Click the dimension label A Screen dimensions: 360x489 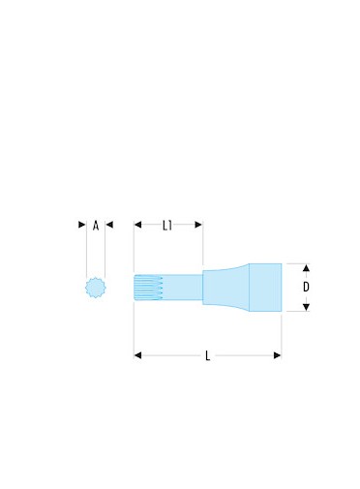coord(96,226)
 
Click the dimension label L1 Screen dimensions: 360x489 coord(167,226)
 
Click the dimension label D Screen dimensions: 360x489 coord(306,287)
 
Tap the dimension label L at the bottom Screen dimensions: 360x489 coord(208,356)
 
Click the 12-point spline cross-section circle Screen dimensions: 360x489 coord(96,288)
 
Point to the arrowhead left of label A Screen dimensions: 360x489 coord(82,225)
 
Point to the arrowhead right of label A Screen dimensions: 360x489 coord(109,225)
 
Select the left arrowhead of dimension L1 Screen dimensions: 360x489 coord(137,225)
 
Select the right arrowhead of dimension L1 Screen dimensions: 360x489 coord(198,225)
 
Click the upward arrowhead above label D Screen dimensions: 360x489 coord(306,267)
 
